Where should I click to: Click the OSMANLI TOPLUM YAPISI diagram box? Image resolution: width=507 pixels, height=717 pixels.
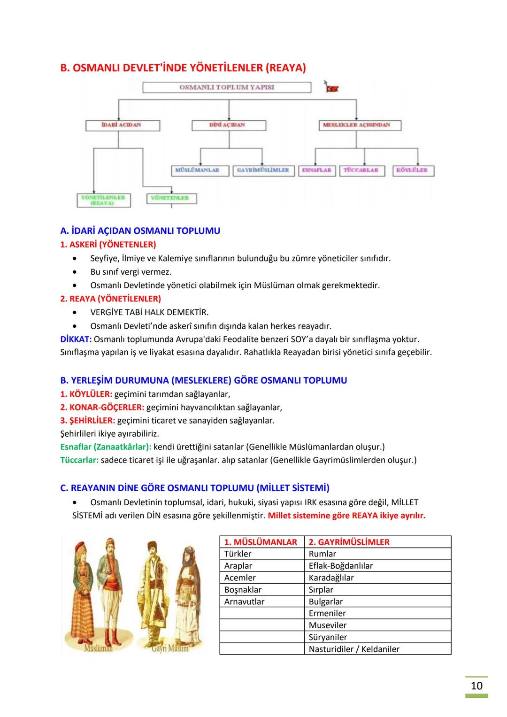[x=227, y=87]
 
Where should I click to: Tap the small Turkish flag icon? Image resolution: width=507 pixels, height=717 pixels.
[x=332, y=87]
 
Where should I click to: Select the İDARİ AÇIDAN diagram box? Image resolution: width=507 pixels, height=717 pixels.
[x=123, y=125]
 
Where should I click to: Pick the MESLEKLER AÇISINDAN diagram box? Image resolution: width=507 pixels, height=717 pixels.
[x=356, y=125]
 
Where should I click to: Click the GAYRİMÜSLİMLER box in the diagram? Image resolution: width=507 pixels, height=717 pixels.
[x=263, y=170]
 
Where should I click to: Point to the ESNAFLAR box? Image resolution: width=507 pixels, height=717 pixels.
[x=316, y=170]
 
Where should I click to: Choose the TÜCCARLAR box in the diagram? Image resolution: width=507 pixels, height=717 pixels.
[x=361, y=170]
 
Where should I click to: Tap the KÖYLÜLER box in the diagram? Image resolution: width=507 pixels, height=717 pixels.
[x=413, y=170]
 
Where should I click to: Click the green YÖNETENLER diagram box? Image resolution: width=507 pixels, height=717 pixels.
[x=171, y=199]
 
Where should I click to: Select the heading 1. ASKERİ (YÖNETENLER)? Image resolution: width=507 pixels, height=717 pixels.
[x=108, y=245]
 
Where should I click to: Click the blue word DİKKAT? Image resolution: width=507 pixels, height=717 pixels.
[x=76, y=339]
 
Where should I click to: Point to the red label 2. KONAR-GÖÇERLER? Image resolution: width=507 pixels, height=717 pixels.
[x=102, y=407]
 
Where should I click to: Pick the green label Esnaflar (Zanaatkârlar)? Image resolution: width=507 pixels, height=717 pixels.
[x=106, y=447]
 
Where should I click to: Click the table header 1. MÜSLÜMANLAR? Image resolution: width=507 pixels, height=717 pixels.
[x=261, y=542]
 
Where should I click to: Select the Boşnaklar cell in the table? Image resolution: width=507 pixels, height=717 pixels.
[x=243, y=590]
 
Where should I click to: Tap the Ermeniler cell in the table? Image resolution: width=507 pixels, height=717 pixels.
[x=327, y=613]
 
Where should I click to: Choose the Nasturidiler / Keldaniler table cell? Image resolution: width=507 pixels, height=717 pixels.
[x=354, y=649]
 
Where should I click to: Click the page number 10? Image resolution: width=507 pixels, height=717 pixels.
[x=476, y=686]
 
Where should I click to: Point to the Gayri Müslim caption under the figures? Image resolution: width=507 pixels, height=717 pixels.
[x=170, y=648]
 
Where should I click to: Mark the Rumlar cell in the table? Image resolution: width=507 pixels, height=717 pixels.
[x=323, y=554]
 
